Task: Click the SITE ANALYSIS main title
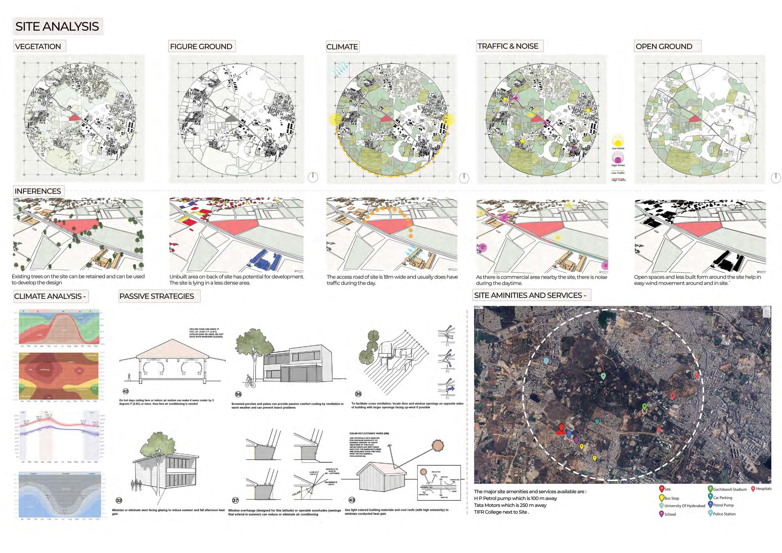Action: click(x=57, y=26)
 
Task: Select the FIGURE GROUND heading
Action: click(x=201, y=46)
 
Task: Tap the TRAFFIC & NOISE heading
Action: click(x=508, y=46)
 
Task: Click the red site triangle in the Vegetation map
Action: click(x=75, y=117)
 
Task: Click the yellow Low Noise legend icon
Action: click(x=618, y=141)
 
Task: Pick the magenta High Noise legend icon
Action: click(x=618, y=157)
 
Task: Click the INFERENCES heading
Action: click(x=38, y=191)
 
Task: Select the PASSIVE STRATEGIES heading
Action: click(x=157, y=296)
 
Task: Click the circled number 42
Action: click(x=126, y=391)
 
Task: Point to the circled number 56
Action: click(x=238, y=394)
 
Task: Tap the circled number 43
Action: click(x=352, y=500)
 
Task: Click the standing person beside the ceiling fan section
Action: click(x=129, y=377)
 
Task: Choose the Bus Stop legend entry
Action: click(x=669, y=498)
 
